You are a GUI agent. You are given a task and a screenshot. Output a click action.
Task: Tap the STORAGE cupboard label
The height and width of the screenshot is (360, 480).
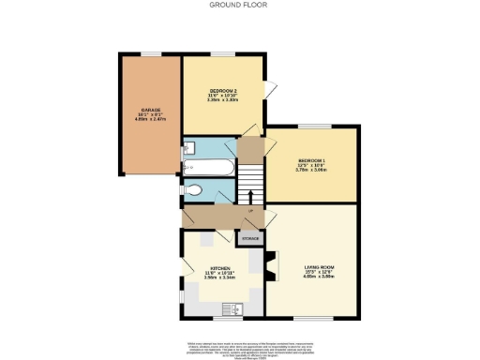pos(249,239)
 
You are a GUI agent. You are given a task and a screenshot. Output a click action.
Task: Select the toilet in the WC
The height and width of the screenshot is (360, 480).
pos(192,190)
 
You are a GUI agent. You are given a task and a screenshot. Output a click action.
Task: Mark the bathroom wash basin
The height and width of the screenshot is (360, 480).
pos(189,147)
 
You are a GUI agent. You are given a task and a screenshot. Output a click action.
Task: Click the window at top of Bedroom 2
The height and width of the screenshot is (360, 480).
pos(222,54)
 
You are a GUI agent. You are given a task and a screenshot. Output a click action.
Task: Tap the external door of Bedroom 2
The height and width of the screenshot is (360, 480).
pos(270,90)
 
